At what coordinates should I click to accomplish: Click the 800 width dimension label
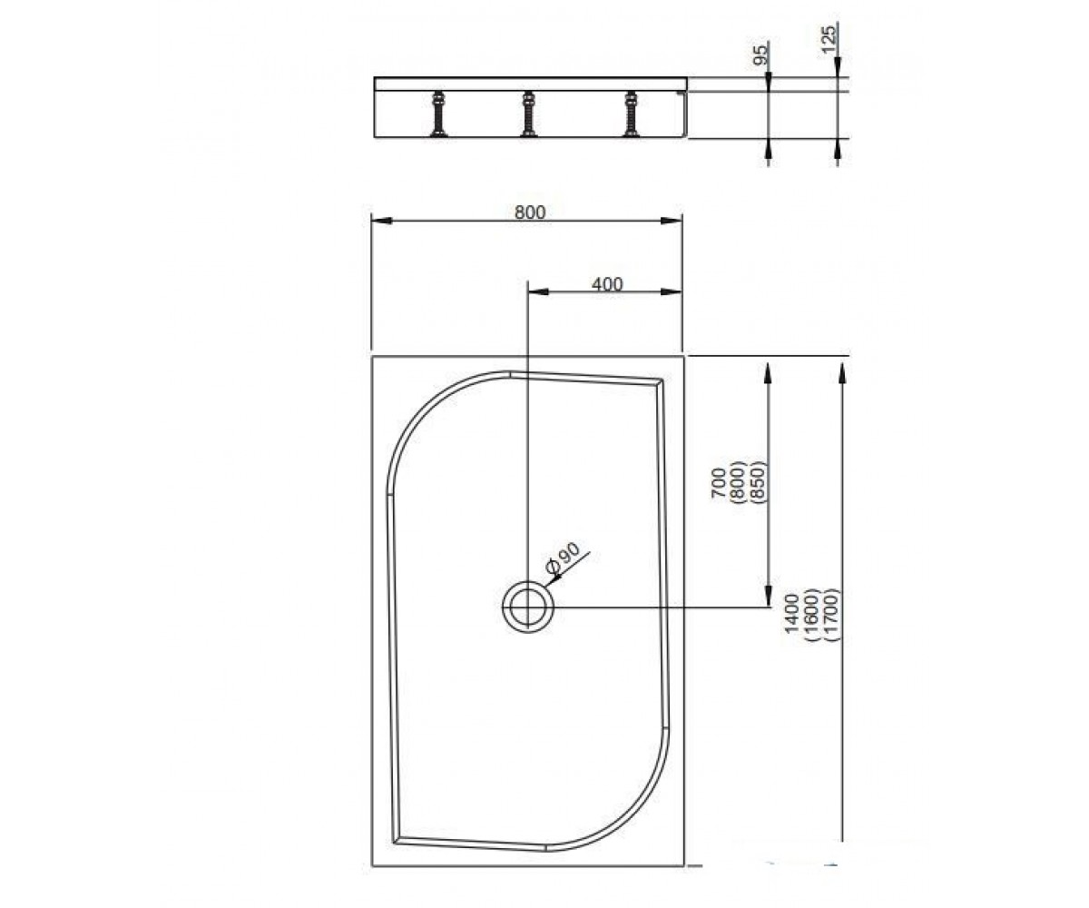(x=530, y=212)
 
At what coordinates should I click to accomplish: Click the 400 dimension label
(x=607, y=284)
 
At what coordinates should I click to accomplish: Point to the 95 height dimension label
(x=761, y=54)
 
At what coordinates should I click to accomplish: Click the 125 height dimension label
(x=829, y=40)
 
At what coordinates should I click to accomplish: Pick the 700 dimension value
(x=719, y=483)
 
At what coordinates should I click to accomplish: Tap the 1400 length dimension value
(x=792, y=614)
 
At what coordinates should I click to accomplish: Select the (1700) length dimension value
(x=832, y=615)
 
